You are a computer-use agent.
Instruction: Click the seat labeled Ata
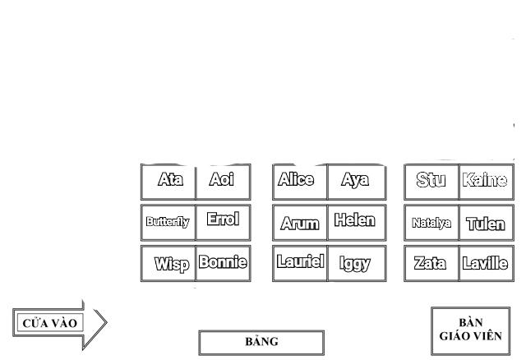coord(169,181)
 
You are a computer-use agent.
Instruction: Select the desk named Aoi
coord(223,181)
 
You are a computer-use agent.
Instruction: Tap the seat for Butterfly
coord(168,221)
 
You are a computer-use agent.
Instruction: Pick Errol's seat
coord(223,220)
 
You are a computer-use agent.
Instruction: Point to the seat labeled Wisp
coord(169,264)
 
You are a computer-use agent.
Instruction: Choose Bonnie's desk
coord(223,263)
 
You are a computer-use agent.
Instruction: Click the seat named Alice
coord(300,181)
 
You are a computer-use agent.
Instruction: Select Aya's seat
coord(355,181)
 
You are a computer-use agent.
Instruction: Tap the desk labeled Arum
coord(300,223)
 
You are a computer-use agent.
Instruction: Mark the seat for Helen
coord(355,221)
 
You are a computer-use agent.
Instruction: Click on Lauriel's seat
coord(300,263)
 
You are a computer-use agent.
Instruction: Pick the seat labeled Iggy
coord(355,264)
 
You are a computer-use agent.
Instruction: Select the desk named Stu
coord(431,181)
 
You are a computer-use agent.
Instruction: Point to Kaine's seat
coord(485,181)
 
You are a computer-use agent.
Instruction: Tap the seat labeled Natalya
coord(431,223)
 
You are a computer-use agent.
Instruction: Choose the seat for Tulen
coord(485,223)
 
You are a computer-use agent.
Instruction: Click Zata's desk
coord(431,264)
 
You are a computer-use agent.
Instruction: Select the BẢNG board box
coord(261,342)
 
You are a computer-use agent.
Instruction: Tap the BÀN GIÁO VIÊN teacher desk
coord(470,330)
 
